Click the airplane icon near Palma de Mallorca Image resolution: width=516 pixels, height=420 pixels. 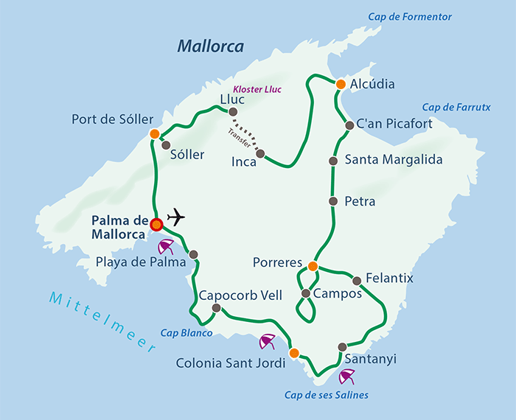pos(175,217)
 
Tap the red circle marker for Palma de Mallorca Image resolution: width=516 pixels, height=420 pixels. pos(156,224)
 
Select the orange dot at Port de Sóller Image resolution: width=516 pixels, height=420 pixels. pos(154,134)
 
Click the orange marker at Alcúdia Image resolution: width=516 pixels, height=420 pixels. pos(341,85)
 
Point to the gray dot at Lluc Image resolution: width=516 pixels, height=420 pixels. pos(233,112)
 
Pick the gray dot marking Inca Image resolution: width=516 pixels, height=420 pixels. pos(261,154)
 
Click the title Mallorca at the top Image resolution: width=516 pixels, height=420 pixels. pos(210,47)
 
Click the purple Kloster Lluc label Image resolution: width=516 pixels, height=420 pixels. pos(258,89)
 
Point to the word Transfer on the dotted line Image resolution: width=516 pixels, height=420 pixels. pos(240,136)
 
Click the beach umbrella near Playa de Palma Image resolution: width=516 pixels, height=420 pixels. pos(168,246)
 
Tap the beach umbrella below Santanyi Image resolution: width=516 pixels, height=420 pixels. pos(346,378)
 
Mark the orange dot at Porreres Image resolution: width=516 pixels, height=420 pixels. pos(313,266)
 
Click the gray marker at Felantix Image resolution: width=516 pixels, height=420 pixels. pos(357,280)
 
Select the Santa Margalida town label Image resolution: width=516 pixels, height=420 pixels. pos(394,159)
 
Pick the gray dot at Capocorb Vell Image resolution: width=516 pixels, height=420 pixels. pos(216,308)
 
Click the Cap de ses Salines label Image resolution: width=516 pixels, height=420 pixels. pos(326,395)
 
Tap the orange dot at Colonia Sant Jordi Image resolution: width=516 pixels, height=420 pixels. pos(293,353)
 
